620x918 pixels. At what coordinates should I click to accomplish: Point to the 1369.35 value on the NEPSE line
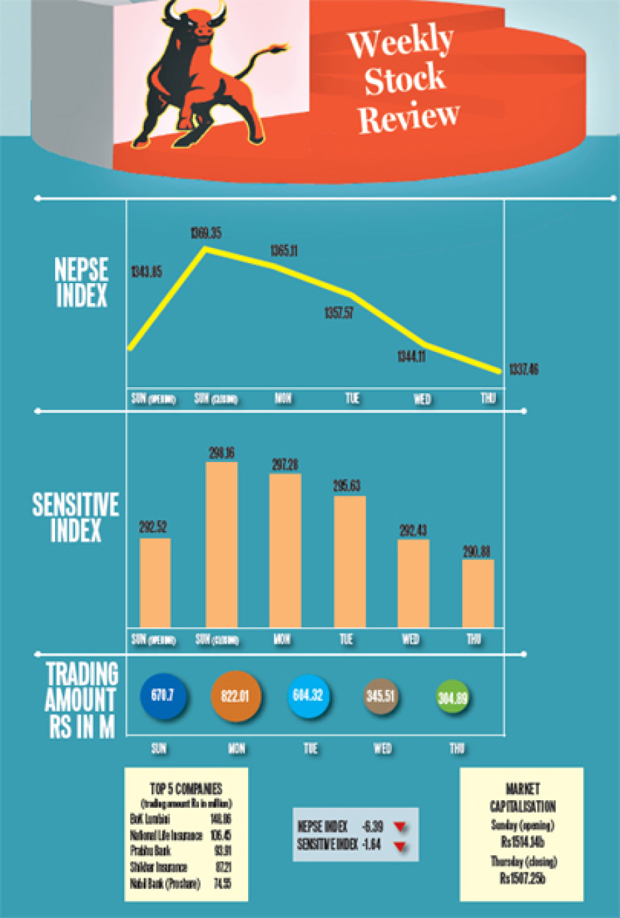(x=206, y=233)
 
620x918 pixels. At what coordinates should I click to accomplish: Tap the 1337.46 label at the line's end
(x=524, y=370)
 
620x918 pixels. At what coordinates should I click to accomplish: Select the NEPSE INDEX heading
(x=81, y=282)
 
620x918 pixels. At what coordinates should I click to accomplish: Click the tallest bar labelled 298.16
(x=222, y=544)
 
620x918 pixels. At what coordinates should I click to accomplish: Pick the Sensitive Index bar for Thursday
(x=477, y=593)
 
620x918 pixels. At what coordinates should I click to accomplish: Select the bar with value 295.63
(x=349, y=561)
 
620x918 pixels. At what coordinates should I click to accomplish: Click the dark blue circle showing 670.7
(x=163, y=696)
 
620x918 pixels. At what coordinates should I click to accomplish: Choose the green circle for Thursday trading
(x=453, y=698)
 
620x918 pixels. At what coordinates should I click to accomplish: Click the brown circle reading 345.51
(x=380, y=696)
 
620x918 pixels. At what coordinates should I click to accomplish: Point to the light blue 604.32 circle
(x=307, y=696)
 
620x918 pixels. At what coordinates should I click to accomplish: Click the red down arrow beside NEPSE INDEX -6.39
(x=400, y=826)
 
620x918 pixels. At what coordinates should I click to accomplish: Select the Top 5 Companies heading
(x=186, y=789)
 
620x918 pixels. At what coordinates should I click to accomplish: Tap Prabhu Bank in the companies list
(x=150, y=851)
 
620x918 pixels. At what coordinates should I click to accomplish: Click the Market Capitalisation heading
(x=522, y=797)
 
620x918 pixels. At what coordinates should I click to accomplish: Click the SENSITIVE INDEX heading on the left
(x=76, y=517)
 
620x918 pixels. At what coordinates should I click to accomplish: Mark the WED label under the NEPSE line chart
(x=422, y=399)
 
